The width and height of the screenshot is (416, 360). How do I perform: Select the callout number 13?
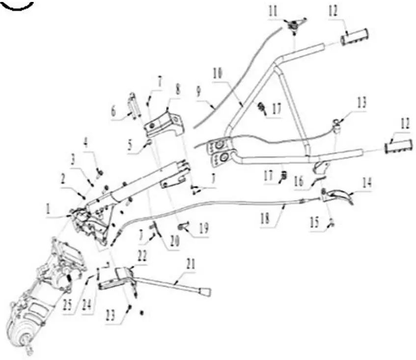362,103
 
